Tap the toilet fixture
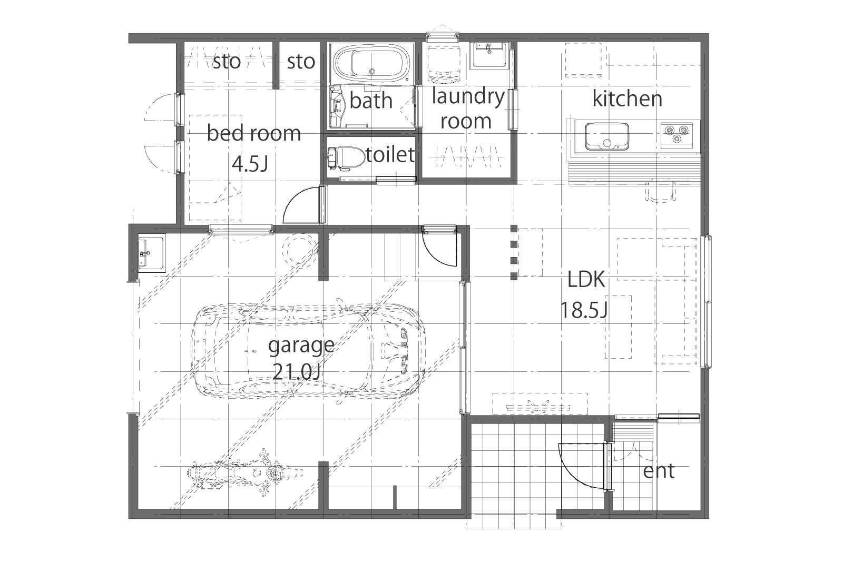346,156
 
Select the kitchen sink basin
606,136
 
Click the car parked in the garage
309,350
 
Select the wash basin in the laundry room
489,55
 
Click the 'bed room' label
254,133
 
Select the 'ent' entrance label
659,471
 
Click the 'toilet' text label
390,155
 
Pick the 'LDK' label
586,280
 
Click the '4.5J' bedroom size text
250,164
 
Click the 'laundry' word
468,97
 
